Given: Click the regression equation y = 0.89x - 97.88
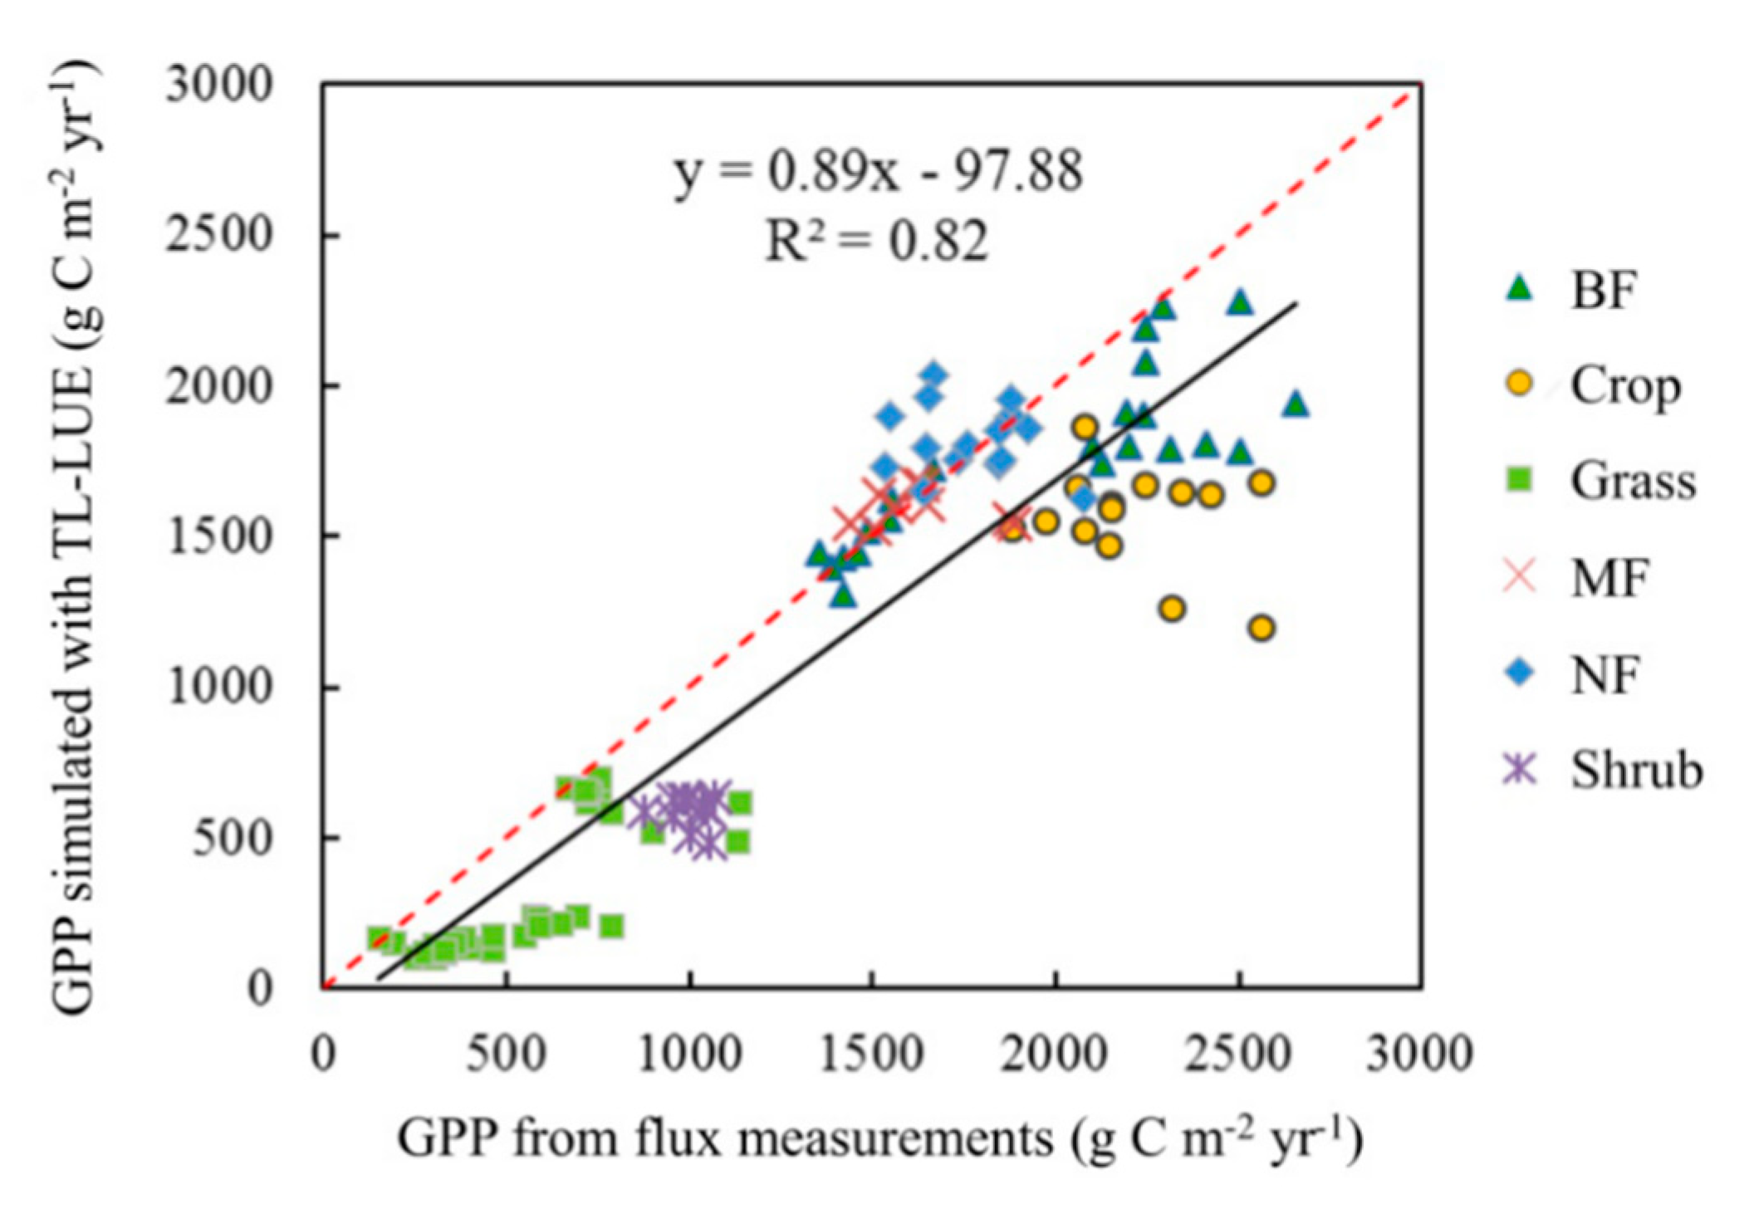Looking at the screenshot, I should (879, 173).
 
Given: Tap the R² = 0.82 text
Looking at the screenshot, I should (877, 242).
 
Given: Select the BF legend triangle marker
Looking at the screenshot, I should (1521, 288).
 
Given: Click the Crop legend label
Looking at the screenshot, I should (1624, 386).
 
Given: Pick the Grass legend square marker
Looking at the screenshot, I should (1521, 480).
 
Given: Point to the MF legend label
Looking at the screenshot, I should (1609, 577).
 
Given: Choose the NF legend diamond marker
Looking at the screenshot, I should (1521, 673).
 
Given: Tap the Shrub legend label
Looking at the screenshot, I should (1636, 770).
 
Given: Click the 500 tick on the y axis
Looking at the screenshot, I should (233, 839).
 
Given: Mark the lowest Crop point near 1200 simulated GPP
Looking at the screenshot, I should (1262, 628).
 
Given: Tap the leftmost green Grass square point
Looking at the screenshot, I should (379, 937).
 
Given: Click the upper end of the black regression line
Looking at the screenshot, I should (1296, 303).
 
